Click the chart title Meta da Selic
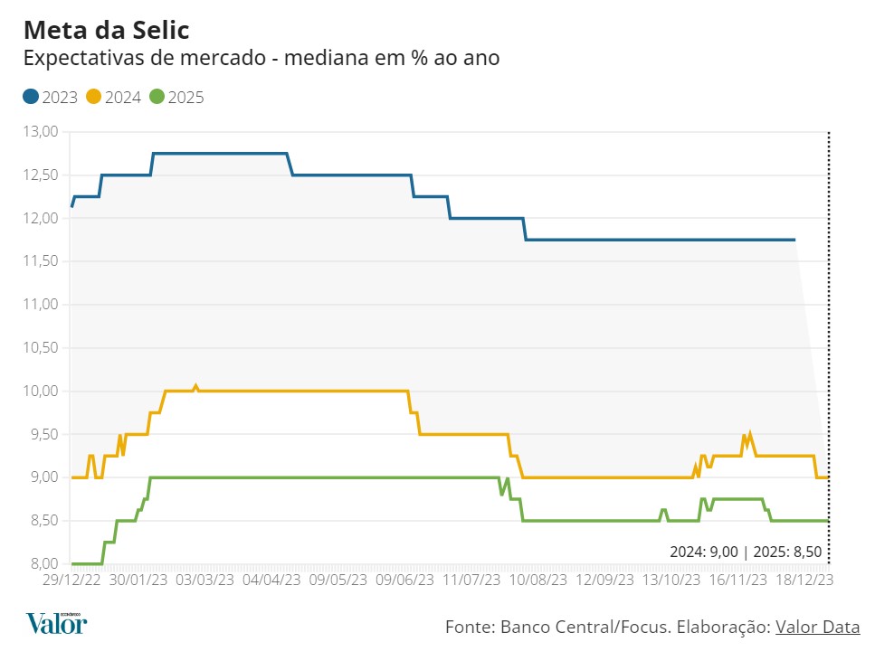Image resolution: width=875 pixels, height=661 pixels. point(106,30)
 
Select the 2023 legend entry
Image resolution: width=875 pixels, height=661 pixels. point(51,98)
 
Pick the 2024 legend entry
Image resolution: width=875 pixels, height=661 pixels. point(114,98)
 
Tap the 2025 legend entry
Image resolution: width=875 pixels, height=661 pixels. point(177,98)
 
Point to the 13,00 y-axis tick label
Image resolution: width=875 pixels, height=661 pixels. point(39,132)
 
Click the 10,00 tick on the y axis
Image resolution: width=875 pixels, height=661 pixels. point(39,392)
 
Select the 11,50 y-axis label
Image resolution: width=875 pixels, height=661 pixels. point(39,261)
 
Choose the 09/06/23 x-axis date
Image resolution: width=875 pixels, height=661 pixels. point(404,580)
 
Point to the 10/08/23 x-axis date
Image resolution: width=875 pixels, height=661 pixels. point(538,580)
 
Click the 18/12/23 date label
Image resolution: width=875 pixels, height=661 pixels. point(804,580)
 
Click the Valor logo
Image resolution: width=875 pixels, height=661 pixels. point(56,624)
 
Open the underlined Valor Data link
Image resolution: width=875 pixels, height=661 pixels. point(817,627)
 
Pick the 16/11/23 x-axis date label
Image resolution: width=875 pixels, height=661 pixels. point(737,580)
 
